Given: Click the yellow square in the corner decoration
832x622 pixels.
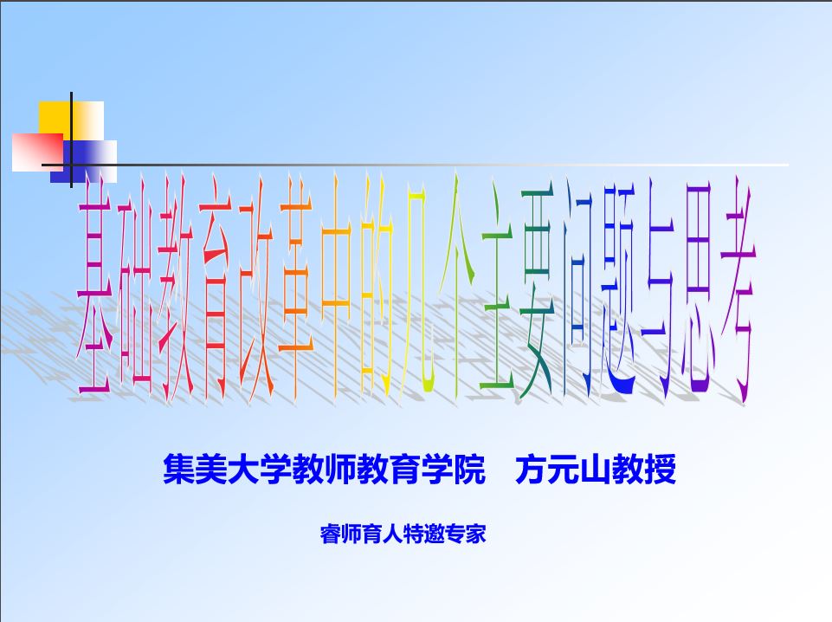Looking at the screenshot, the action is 71,121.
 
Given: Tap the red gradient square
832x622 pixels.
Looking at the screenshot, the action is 37,152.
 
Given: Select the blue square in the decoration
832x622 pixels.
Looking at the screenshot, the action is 83,161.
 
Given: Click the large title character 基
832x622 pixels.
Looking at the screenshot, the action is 95,289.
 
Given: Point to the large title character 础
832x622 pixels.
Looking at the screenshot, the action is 135,289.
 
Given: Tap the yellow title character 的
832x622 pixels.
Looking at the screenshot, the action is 376,287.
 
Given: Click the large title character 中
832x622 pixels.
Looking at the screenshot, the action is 336,287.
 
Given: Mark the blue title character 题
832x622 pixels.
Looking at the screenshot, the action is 617,289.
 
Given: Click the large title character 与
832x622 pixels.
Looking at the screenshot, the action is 658,289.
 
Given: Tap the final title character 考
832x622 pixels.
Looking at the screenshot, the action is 738,289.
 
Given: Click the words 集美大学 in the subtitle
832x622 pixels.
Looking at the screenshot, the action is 227,470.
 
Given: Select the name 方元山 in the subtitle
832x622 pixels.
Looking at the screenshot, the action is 563,470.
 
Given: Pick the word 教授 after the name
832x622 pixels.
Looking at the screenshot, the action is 643,470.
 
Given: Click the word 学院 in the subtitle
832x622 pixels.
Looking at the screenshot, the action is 453,470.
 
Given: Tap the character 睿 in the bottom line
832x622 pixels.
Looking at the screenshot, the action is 330,534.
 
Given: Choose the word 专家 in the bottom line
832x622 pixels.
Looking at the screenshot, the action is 465,534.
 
